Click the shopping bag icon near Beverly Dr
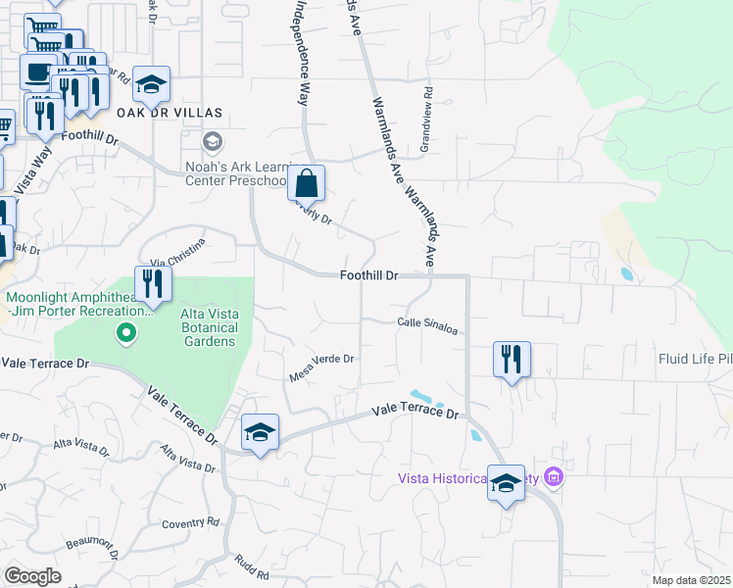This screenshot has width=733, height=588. pyautogui.click(x=307, y=182)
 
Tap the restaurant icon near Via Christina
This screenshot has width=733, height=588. pyautogui.click(x=153, y=284)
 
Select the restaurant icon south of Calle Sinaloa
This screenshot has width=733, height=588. pyautogui.click(x=512, y=360)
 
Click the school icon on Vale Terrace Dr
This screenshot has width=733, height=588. pyautogui.click(x=260, y=432)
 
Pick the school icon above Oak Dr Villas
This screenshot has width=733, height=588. pyautogui.click(x=151, y=85)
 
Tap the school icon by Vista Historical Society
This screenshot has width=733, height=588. pyautogui.click(x=506, y=483)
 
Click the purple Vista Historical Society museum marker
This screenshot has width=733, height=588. pyautogui.click(x=554, y=477)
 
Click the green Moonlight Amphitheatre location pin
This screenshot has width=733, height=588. pyautogui.click(x=125, y=334)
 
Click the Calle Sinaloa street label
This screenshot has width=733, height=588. pyautogui.click(x=428, y=326)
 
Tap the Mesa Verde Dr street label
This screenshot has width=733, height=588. pyautogui.click(x=320, y=366)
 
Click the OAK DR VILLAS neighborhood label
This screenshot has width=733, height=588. pyautogui.click(x=170, y=113)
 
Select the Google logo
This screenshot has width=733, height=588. pyautogui.click(x=32, y=576)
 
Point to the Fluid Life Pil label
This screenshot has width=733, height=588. pyautogui.click(x=695, y=359)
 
